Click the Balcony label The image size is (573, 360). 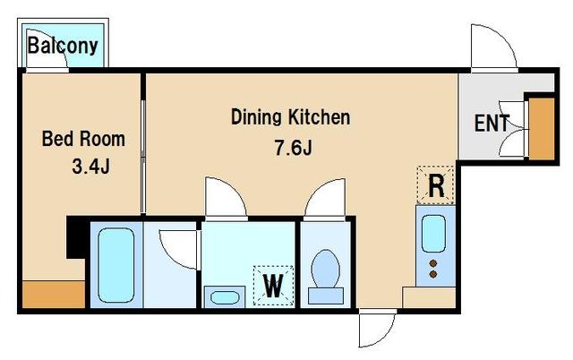(x=63, y=46)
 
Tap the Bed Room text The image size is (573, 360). (x=83, y=139)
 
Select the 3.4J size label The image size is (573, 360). (x=91, y=167)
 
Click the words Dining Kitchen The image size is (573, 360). (x=290, y=117)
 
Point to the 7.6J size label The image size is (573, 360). (x=293, y=148)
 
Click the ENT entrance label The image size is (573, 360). (x=492, y=124)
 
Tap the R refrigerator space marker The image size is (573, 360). (x=436, y=185)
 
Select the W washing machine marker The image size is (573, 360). (x=273, y=286)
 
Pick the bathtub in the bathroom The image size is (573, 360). (x=116, y=265)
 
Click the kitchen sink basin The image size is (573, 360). (x=433, y=234)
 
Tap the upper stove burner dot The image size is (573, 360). (x=433, y=263)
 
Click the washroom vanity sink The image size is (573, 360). (x=225, y=296)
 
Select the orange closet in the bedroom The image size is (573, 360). (x=54, y=295)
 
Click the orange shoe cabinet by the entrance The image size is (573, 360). (x=542, y=129)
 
